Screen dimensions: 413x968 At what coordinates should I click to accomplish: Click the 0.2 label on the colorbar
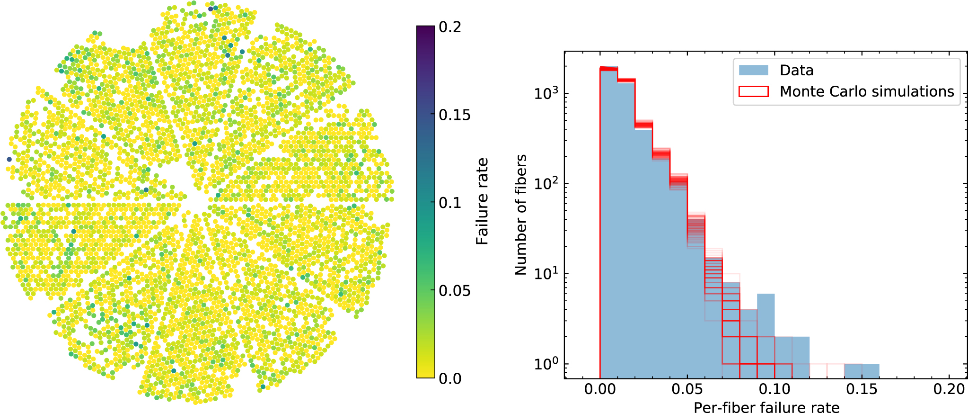pyautogui.click(x=449, y=27)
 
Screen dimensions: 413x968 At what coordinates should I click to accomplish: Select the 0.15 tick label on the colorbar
pyautogui.click(x=454, y=115)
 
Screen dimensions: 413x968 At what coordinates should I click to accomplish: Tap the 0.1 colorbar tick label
pyautogui.click(x=449, y=203)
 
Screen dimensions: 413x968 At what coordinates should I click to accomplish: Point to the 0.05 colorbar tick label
pyautogui.click(x=454, y=290)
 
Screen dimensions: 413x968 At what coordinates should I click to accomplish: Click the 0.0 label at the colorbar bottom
pyautogui.click(x=449, y=378)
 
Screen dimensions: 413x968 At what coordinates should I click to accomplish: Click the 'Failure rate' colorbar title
pyautogui.click(x=482, y=202)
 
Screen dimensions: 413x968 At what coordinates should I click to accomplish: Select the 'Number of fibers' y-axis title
pyautogui.click(x=521, y=215)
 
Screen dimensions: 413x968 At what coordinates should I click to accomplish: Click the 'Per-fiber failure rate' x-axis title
pyautogui.click(x=766, y=407)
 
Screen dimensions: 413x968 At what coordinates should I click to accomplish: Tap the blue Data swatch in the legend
pyautogui.click(x=753, y=71)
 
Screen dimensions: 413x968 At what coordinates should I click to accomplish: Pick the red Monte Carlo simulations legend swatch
pyautogui.click(x=753, y=91)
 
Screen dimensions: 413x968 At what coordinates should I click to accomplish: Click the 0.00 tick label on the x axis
pyautogui.click(x=600, y=389)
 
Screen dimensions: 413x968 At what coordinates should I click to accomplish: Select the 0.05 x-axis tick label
pyautogui.click(x=687, y=389)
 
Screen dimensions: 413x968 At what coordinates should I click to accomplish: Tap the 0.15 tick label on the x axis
pyautogui.click(x=862, y=389)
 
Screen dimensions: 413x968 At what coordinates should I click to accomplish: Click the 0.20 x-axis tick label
pyautogui.click(x=949, y=389)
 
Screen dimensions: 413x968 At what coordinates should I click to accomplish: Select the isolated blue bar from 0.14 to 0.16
pyautogui.click(x=862, y=371)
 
